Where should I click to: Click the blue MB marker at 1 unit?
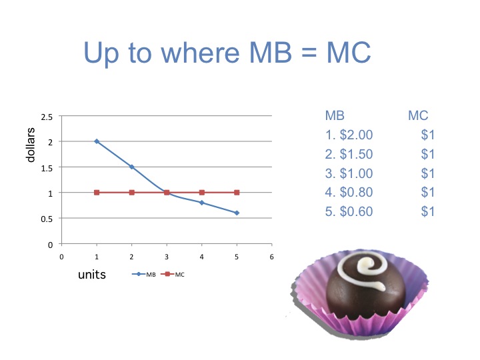[x=97, y=141]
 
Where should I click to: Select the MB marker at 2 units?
[x=131, y=167]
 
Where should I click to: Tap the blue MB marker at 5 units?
[x=237, y=213]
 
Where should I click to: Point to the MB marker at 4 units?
[x=202, y=203]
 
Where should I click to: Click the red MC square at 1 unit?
[x=97, y=193]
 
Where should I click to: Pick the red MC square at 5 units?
[x=237, y=193]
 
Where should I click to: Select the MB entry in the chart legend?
[x=144, y=274]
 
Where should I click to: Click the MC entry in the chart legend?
[x=173, y=274]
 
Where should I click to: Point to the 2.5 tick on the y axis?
[x=47, y=117]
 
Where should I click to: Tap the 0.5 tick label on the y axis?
[x=47, y=219]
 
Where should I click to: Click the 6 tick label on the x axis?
[x=271, y=257]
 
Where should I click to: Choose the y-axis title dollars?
[x=30, y=145]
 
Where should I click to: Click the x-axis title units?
[x=92, y=275]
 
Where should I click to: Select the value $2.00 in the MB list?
[x=356, y=135]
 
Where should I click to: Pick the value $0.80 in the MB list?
[x=356, y=192]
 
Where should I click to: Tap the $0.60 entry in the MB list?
[x=356, y=211]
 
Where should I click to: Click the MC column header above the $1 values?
[x=418, y=116]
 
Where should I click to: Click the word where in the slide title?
[x=200, y=53]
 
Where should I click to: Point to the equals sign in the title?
[x=309, y=53]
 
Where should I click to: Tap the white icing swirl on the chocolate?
[x=364, y=269]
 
